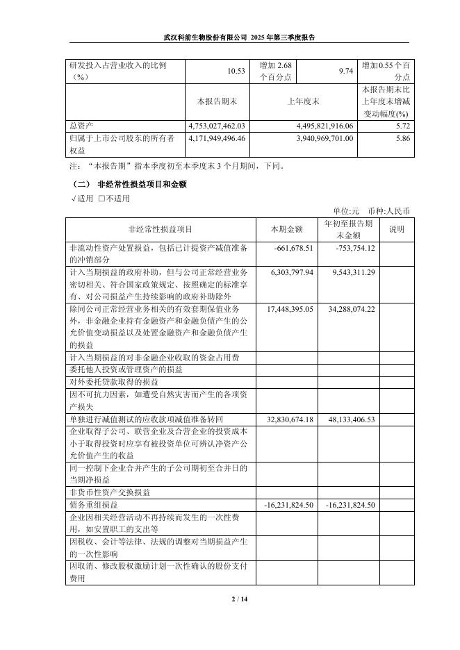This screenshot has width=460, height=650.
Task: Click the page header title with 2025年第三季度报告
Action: [239, 37]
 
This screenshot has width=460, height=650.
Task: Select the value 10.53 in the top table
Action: [237, 72]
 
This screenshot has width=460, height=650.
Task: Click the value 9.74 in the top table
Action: [345, 72]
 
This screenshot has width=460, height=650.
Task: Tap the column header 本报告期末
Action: [217, 101]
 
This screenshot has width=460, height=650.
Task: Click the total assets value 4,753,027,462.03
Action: [217, 126]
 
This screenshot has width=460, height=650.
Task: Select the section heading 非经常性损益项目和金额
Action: [142, 185]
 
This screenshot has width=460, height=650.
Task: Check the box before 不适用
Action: [101, 199]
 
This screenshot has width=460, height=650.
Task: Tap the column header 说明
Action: [396, 228]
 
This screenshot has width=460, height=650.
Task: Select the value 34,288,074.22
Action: [351, 308]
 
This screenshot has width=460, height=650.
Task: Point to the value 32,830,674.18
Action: [290, 419]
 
